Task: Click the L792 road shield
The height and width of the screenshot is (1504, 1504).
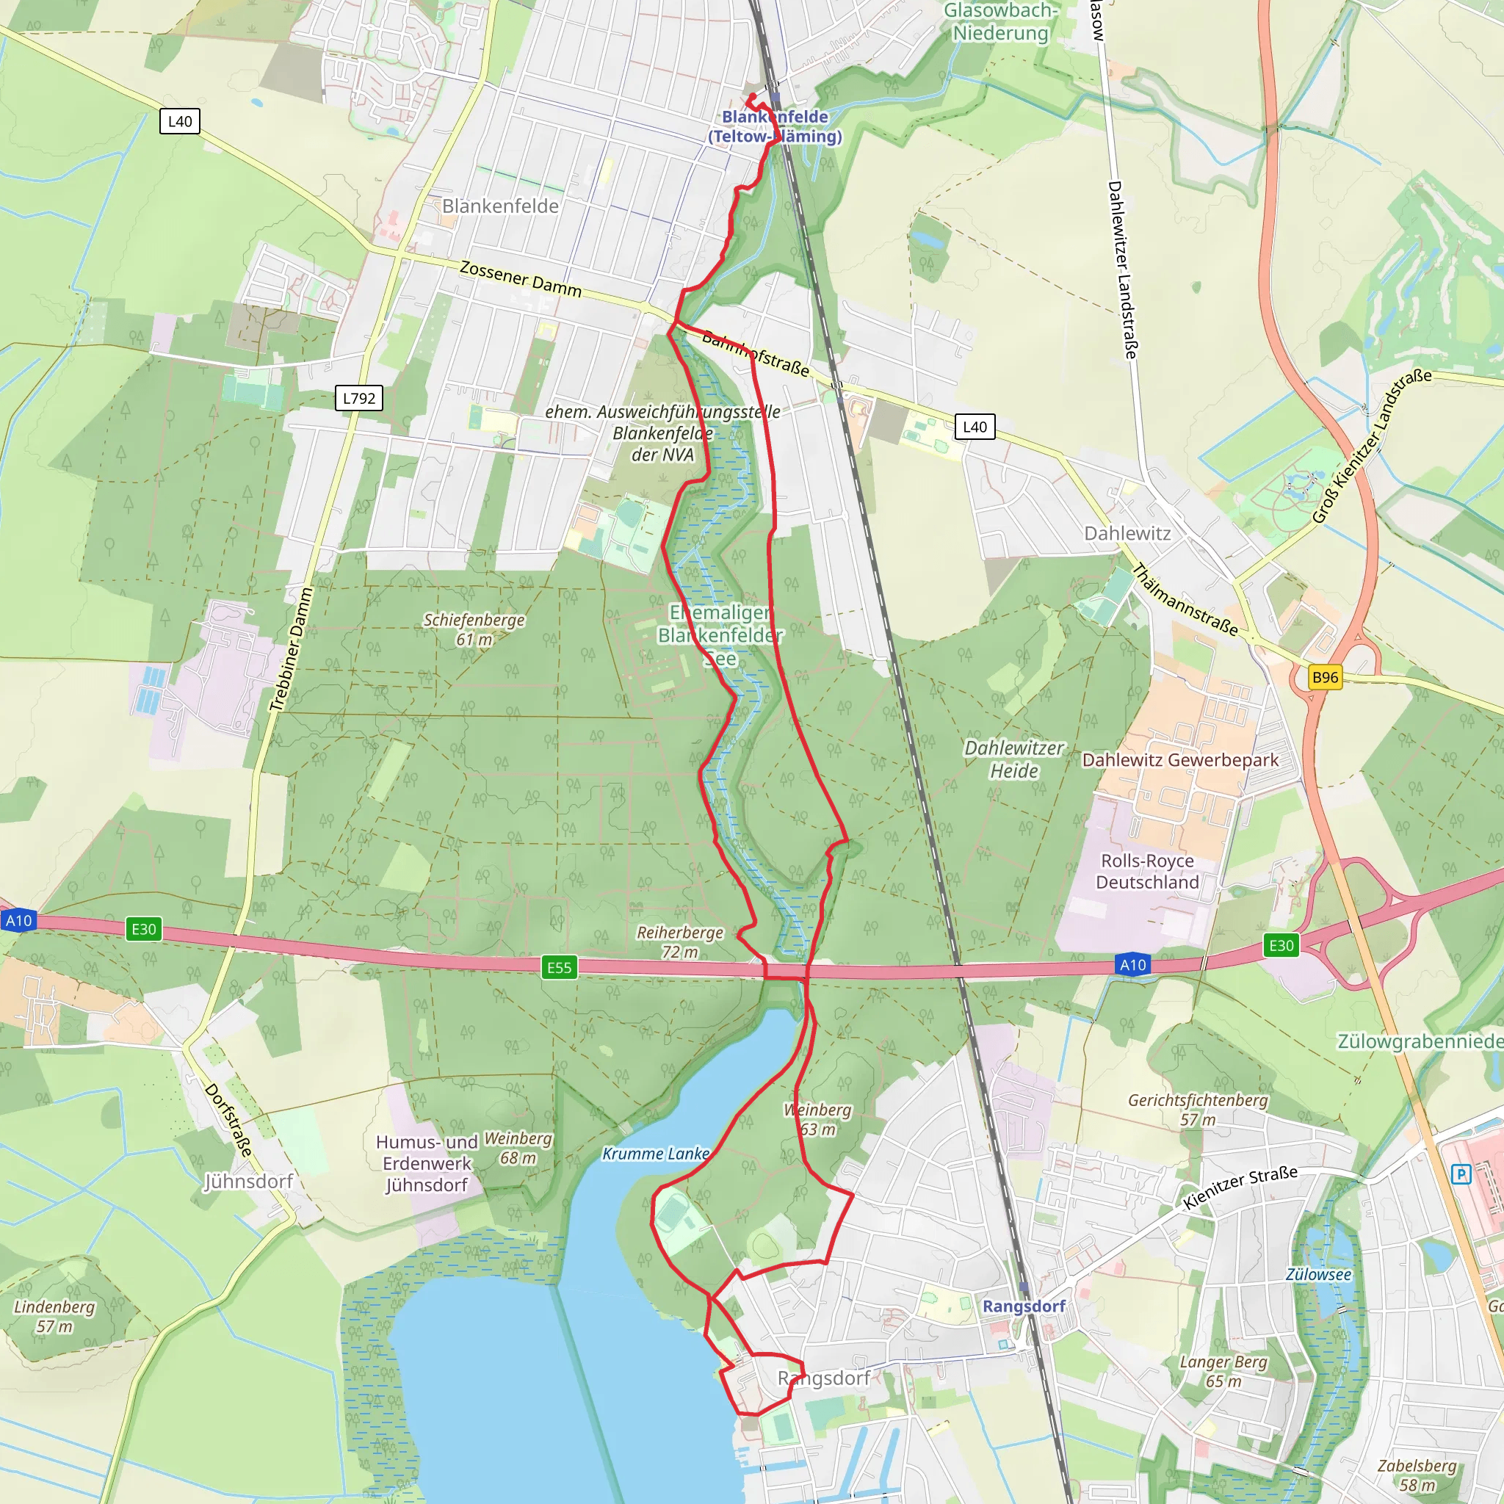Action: point(359,398)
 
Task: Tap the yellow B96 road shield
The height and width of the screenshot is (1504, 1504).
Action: point(1325,676)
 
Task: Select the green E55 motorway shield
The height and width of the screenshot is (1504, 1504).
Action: point(559,967)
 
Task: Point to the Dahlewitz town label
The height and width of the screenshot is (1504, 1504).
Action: point(1127,533)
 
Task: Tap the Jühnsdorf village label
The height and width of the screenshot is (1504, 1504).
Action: point(248,1181)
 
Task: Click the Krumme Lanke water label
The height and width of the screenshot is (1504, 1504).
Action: point(656,1154)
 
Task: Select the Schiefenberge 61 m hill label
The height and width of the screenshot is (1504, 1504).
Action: point(474,629)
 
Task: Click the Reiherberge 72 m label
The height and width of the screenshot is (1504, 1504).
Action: point(679,941)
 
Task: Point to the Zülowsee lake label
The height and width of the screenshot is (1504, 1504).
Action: point(1318,1274)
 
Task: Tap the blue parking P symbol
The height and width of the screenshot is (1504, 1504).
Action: point(1461,1174)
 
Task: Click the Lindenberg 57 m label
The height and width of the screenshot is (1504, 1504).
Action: point(54,1315)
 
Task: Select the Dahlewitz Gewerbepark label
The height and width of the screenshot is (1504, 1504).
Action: point(1179,760)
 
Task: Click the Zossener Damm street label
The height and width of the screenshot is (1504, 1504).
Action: point(520,278)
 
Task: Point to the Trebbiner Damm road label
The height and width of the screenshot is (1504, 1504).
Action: point(290,649)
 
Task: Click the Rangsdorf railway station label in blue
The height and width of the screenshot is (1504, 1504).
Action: point(1023,1306)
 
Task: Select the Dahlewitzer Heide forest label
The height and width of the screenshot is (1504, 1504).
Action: point(1013,759)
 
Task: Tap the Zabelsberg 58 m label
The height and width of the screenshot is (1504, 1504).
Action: point(1416,1475)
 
